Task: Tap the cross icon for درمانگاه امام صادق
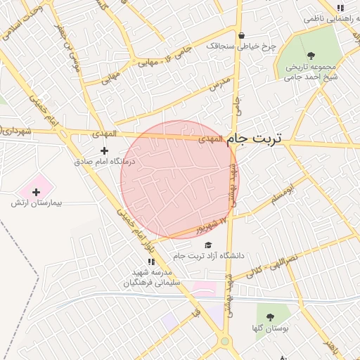click(105, 150)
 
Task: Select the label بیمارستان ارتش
click(37, 202)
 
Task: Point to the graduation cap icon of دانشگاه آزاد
click(207, 245)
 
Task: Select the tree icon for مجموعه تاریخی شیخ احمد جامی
click(311, 56)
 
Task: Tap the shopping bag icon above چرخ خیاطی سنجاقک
click(242, 35)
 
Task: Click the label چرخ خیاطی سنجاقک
click(242, 46)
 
